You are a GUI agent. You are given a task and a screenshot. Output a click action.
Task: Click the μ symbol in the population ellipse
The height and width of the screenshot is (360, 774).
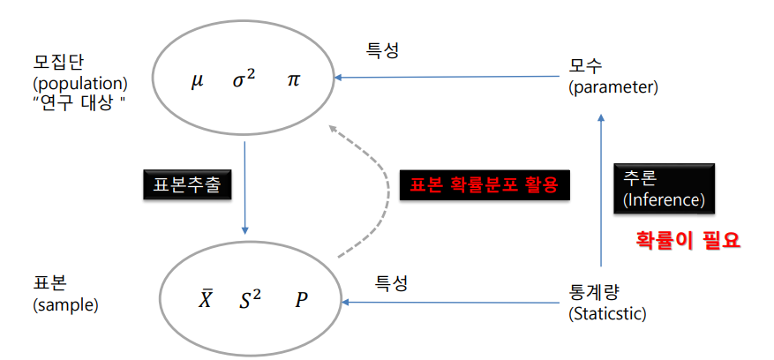(197, 80)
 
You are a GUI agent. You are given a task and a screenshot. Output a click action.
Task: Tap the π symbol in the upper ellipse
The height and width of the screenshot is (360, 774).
(294, 80)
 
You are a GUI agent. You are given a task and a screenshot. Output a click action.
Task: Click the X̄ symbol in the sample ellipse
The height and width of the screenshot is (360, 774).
(205, 300)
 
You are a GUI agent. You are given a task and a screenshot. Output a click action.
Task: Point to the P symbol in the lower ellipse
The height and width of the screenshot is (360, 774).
(302, 300)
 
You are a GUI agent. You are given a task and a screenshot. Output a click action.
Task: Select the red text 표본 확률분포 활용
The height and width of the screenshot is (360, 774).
(485, 185)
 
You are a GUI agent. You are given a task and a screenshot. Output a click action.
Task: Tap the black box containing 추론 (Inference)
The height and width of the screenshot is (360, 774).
(664, 188)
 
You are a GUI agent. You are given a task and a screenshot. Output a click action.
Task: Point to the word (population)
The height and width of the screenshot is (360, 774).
(80, 85)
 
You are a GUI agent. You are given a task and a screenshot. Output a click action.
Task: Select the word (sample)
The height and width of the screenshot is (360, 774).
(65, 305)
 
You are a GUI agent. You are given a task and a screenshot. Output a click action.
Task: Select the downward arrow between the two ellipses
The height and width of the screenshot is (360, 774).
(244, 186)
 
